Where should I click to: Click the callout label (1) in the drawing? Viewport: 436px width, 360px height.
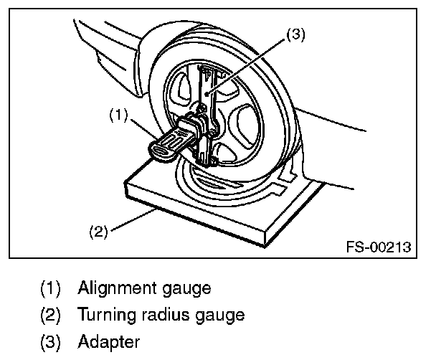pyautogui.click(x=119, y=113)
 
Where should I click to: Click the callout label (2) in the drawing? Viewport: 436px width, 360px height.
pyautogui.click(x=98, y=231)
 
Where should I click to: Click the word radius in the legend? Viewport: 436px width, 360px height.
pyautogui.click(x=166, y=314)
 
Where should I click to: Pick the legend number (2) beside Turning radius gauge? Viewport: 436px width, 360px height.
pyautogui.click(x=52, y=314)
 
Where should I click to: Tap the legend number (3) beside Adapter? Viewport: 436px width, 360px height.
pyautogui.click(x=52, y=340)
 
